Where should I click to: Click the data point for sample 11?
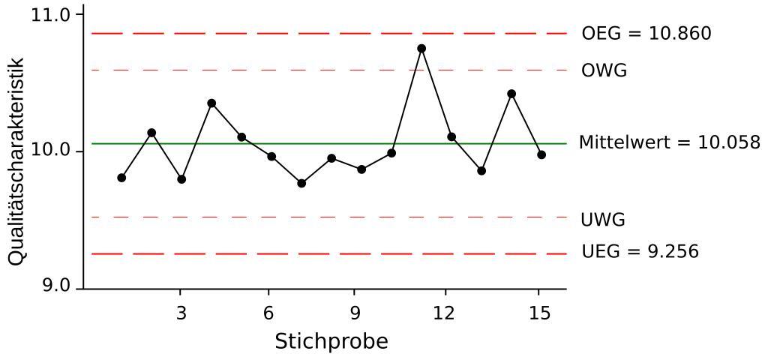(x=421, y=49)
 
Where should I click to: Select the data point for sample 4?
(x=211, y=103)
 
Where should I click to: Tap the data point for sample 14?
(x=511, y=94)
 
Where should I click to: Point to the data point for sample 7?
(x=301, y=183)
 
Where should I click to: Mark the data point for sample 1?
(x=121, y=178)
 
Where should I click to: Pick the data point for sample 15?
(x=541, y=154)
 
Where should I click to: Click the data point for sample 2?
(x=151, y=133)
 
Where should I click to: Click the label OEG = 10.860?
(x=646, y=34)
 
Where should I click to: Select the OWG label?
(x=604, y=70)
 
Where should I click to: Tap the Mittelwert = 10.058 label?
(x=669, y=142)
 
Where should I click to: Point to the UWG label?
(x=603, y=220)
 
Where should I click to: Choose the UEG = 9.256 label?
(x=640, y=251)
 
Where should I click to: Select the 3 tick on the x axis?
(x=181, y=313)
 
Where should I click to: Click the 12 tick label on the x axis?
(x=445, y=313)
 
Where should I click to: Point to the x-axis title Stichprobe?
(x=331, y=342)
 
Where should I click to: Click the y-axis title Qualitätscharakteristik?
(x=18, y=161)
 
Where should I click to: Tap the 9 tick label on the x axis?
(x=355, y=313)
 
